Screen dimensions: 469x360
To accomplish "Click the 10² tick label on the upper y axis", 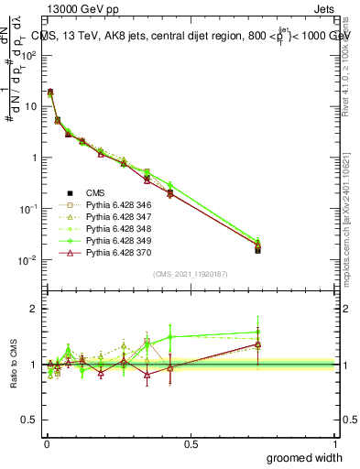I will [28, 55].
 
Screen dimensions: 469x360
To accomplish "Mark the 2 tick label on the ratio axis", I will [35, 309].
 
